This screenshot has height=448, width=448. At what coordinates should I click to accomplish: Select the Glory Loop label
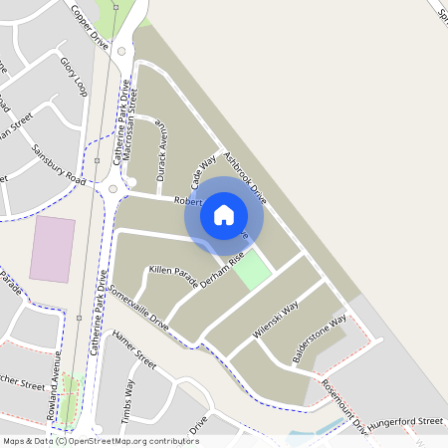(74, 78)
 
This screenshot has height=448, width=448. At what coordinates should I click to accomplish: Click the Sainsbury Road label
(59, 163)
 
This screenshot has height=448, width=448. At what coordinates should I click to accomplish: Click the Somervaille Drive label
(139, 311)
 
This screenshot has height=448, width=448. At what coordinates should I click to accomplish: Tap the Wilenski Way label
(276, 322)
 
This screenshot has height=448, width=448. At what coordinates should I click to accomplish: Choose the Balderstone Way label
(319, 337)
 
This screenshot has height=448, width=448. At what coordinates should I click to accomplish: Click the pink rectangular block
(52, 248)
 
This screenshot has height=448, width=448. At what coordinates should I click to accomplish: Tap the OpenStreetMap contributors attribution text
(133, 440)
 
